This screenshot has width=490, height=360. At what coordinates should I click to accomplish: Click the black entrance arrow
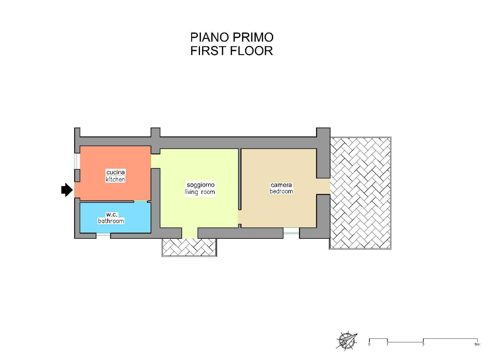(x=67, y=190)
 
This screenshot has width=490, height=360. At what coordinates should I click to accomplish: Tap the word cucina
(x=115, y=172)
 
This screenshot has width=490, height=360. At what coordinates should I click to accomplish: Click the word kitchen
(x=115, y=179)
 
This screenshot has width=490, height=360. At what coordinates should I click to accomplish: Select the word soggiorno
(x=200, y=185)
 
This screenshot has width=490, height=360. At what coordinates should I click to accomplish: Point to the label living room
(x=200, y=192)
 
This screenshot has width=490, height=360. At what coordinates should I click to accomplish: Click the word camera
(x=281, y=185)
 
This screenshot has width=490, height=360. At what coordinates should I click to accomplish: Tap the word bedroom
(x=281, y=191)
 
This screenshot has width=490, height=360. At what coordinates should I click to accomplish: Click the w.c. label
(x=112, y=215)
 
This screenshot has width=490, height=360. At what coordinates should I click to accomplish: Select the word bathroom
(x=111, y=221)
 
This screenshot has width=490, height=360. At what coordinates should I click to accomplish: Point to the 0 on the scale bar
(x=369, y=344)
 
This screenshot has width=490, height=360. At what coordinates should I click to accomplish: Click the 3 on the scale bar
(x=423, y=344)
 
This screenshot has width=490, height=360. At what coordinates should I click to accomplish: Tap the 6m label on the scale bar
(x=477, y=344)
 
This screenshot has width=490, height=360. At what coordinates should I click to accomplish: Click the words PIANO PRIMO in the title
(x=232, y=37)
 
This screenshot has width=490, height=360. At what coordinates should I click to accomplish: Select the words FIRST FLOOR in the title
(x=232, y=51)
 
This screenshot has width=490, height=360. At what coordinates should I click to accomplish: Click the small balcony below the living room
(x=189, y=247)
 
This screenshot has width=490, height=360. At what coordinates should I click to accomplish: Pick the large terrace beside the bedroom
(x=360, y=193)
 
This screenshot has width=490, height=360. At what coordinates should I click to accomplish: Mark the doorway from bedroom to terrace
(x=323, y=186)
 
